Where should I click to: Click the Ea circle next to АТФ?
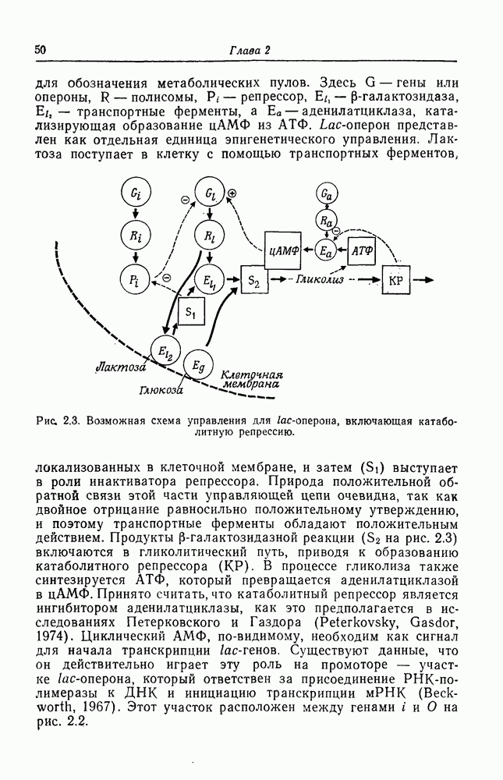pos(328,250)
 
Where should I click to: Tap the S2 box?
pos(253,279)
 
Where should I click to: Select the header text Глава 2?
pos(249,51)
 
